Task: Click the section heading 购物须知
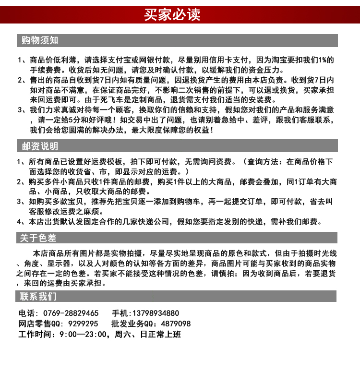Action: (40, 40)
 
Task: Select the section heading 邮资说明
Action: (40, 146)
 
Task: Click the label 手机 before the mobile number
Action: (120, 313)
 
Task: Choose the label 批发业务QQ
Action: (132, 324)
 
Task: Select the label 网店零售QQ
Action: (38, 324)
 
